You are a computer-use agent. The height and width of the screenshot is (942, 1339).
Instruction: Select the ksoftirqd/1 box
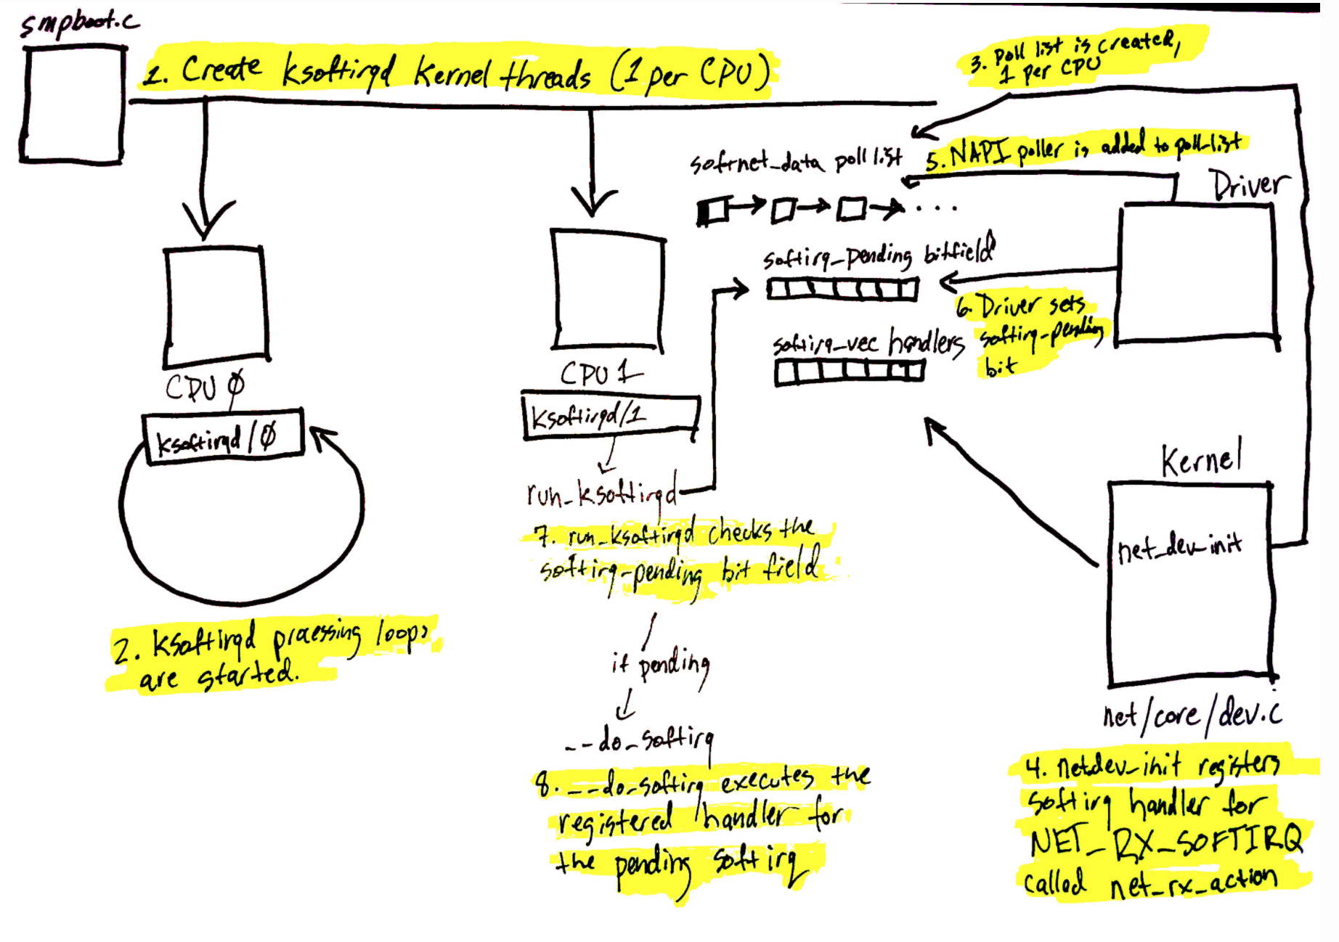click(610, 416)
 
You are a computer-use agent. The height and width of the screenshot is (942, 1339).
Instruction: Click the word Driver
click(1249, 185)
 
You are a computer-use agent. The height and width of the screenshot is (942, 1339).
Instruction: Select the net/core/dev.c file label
click(1192, 715)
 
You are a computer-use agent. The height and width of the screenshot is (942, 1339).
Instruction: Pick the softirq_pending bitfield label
click(879, 254)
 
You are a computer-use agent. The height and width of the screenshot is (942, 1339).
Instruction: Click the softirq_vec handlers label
click(868, 343)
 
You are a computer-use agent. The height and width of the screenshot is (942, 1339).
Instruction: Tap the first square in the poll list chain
click(713, 210)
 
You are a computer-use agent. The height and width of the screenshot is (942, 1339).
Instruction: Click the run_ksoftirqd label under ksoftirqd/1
click(602, 493)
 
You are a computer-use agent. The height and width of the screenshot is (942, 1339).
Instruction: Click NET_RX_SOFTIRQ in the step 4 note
click(1166, 841)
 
